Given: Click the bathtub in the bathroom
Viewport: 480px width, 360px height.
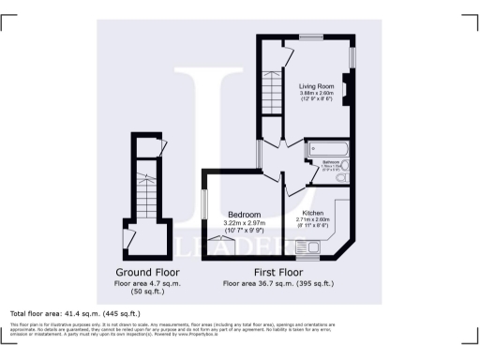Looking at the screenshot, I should [327, 148].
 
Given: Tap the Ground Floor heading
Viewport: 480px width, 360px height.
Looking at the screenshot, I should [143, 274].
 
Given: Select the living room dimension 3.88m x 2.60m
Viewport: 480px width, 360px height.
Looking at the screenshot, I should [317, 94].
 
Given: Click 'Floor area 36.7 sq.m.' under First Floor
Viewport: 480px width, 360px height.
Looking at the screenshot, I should [278, 282].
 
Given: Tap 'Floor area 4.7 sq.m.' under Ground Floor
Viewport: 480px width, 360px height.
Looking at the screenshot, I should [143, 282].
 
